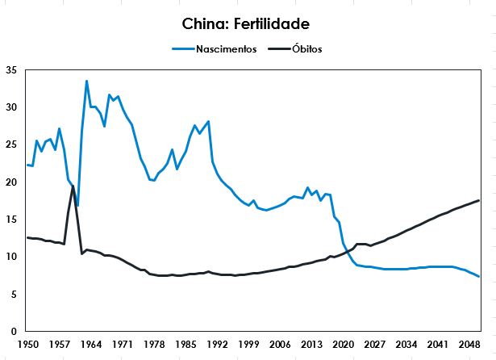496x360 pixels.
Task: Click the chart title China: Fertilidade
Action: (x=247, y=25)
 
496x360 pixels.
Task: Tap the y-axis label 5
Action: (x=13, y=295)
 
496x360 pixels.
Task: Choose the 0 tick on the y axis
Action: (x=13, y=332)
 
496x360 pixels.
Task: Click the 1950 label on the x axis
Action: (x=27, y=344)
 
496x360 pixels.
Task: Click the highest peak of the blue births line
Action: (x=86, y=82)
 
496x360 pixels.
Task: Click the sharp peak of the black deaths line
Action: (x=73, y=186)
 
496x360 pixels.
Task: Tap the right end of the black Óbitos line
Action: (x=479, y=200)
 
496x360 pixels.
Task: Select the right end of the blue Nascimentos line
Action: (x=479, y=277)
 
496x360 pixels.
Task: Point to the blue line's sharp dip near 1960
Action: (x=77, y=206)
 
